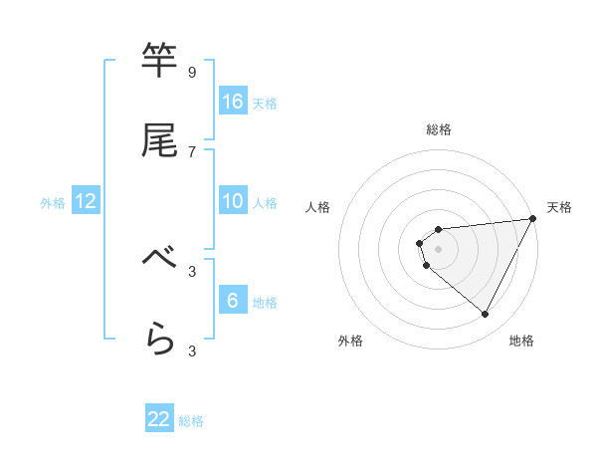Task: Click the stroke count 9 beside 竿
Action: pos(191,73)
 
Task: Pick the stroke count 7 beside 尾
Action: pos(191,151)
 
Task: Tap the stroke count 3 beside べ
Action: pos(191,271)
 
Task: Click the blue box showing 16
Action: pos(233,102)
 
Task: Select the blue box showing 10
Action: pos(233,201)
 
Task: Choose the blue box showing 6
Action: pos(233,301)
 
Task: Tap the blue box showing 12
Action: pos(86,201)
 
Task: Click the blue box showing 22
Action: pos(159,419)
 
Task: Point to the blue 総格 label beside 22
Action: pos(191,421)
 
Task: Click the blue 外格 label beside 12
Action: pos(53,203)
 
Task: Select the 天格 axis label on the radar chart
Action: pos(559,207)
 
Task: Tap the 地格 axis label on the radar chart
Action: pos(521,341)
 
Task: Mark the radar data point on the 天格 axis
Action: pos(532,219)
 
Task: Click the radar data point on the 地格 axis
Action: pos(485,315)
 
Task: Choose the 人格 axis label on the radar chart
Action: pos(318,207)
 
